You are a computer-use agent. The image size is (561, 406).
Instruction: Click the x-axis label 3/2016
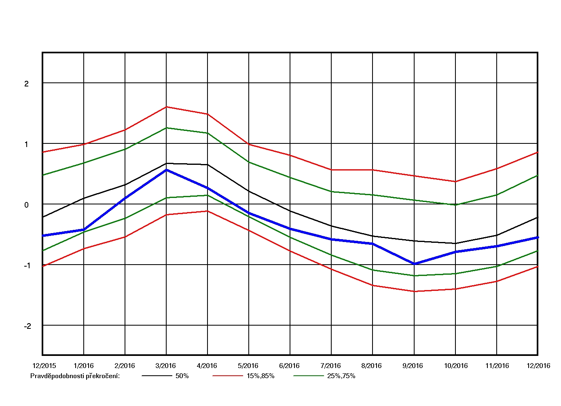pyautogui.click(x=165, y=366)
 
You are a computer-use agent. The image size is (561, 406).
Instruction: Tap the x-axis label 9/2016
pyautogui.click(x=413, y=366)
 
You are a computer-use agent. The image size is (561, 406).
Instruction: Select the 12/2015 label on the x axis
pyautogui.click(x=44, y=366)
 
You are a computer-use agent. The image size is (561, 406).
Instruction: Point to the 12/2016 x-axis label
pyautogui.click(x=538, y=366)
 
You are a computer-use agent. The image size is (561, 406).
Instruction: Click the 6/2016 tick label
pyautogui.click(x=289, y=366)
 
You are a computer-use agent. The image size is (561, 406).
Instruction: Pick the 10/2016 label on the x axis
pyautogui.click(x=456, y=366)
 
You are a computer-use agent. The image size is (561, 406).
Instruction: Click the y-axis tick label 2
pyautogui.click(x=27, y=84)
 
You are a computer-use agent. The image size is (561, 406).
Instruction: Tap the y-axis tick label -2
pyautogui.click(x=27, y=326)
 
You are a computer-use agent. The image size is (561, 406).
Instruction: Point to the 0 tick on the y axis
pyautogui.click(x=27, y=205)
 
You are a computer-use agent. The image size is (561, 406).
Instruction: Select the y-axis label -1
pyautogui.click(x=27, y=265)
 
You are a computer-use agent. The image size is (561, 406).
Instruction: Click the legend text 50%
pyautogui.click(x=182, y=376)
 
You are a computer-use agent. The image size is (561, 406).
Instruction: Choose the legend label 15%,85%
pyautogui.click(x=260, y=376)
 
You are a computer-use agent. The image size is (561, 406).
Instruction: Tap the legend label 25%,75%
pyautogui.click(x=341, y=376)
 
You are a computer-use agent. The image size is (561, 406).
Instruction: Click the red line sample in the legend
pyautogui.click(x=227, y=376)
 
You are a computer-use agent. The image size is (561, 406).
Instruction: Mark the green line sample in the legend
pyautogui.click(x=308, y=376)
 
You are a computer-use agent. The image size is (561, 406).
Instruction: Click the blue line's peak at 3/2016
pyautogui.click(x=166, y=170)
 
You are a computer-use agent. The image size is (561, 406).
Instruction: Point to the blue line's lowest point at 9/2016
pyautogui.click(x=414, y=264)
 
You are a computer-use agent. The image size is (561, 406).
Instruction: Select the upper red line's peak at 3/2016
pyautogui.click(x=166, y=107)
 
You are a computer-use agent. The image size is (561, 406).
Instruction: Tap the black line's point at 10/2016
pyautogui.click(x=455, y=243)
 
